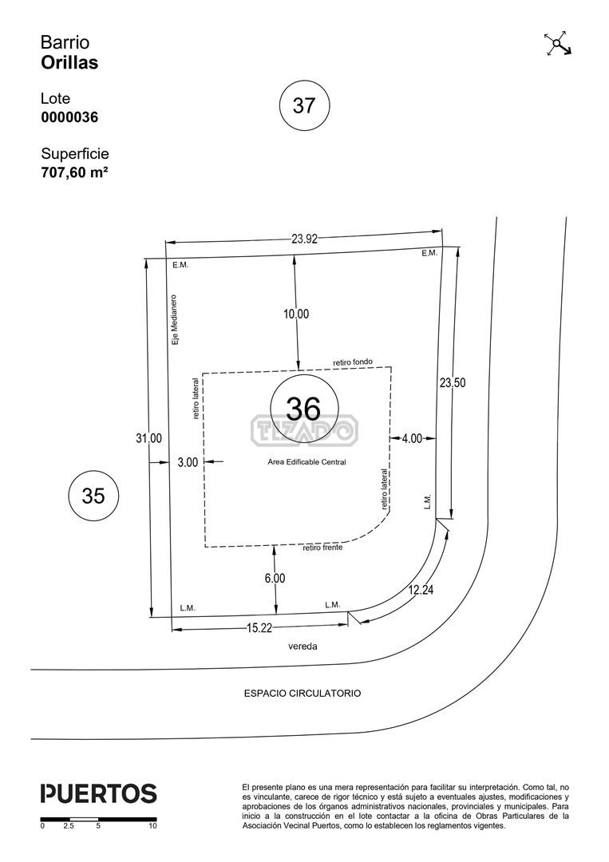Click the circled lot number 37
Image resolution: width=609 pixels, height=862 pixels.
pyautogui.click(x=304, y=105)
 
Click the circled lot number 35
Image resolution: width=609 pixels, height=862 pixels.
pyautogui.click(x=93, y=495)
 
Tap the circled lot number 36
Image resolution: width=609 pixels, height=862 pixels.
pyautogui.click(x=303, y=409)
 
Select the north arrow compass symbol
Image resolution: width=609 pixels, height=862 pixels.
pyautogui.click(x=558, y=44)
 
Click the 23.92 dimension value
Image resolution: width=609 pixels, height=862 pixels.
pyautogui.click(x=304, y=237)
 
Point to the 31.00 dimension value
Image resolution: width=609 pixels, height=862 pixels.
pyautogui.click(x=149, y=437)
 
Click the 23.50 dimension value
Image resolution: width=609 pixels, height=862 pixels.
pyautogui.click(x=452, y=382)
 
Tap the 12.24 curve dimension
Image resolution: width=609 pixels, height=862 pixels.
pyautogui.click(x=421, y=590)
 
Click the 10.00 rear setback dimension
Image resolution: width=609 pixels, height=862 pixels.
pyautogui.click(x=295, y=314)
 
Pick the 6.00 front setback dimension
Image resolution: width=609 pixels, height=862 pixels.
pyautogui.click(x=275, y=578)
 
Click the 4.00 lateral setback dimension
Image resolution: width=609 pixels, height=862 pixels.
pyautogui.click(x=413, y=438)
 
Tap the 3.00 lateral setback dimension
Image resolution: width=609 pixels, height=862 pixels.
pyautogui.click(x=188, y=461)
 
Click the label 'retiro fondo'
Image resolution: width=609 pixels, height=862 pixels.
pyautogui.click(x=354, y=362)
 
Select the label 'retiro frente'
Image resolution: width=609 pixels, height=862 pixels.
pyautogui.click(x=322, y=548)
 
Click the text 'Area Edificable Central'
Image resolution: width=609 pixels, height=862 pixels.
pyautogui.click(x=306, y=462)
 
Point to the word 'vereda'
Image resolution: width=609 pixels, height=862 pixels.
pyautogui.click(x=303, y=646)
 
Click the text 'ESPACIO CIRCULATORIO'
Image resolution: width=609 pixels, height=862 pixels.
pyautogui.click(x=302, y=693)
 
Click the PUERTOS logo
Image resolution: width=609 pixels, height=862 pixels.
pyautogui.click(x=99, y=793)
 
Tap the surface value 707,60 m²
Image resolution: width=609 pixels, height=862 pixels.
pyautogui.click(x=74, y=170)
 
